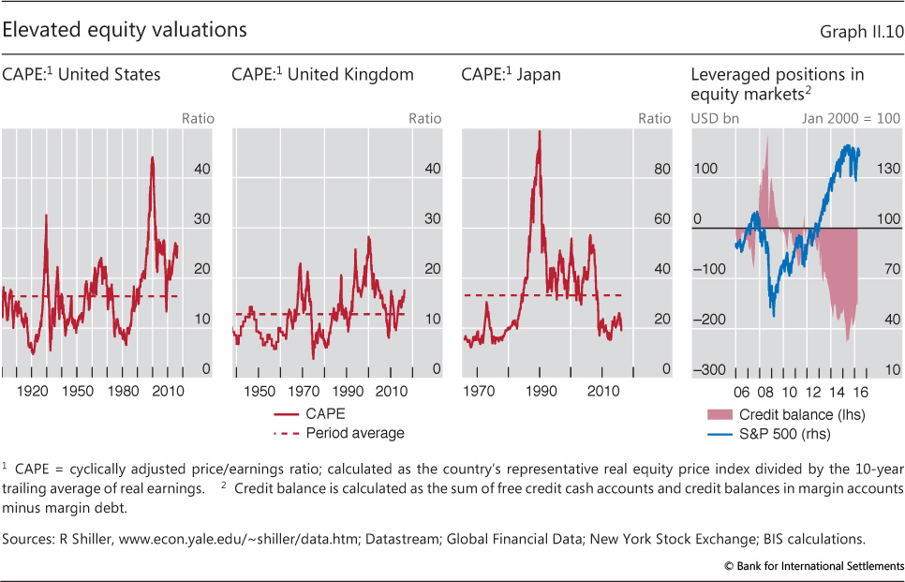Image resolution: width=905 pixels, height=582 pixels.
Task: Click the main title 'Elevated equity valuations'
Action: pyautogui.click(x=125, y=29)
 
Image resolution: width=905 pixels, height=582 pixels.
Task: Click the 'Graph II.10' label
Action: pyautogui.click(x=860, y=31)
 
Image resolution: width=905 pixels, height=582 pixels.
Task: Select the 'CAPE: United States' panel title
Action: pyautogui.click(x=82, y=75)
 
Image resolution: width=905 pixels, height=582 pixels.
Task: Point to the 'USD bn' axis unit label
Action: pyautogui.click(x=709, y=119)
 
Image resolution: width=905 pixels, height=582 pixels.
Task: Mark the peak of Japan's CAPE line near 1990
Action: pyautogui.click(x=539, y=131)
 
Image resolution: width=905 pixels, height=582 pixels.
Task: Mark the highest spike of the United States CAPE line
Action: pyautogui.click(x=152, y=157)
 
